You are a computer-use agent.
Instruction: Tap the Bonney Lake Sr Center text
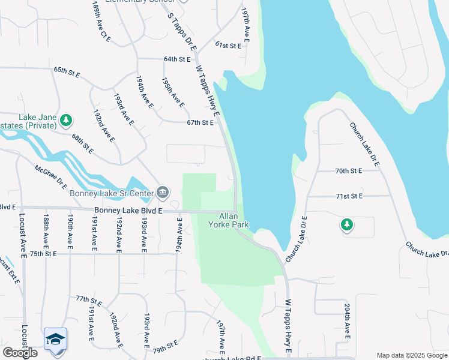112,193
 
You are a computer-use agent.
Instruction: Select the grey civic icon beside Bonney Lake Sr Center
162,193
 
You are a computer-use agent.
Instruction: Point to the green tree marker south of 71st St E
346,225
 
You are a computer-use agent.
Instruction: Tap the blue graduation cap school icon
55,339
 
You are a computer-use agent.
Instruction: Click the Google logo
20,353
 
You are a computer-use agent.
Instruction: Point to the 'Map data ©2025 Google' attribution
411,355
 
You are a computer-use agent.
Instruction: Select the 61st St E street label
228,46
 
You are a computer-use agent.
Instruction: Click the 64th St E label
176,59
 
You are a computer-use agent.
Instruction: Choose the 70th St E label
349,171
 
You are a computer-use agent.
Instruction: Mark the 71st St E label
349,196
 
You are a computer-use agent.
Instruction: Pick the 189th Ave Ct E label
102,22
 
